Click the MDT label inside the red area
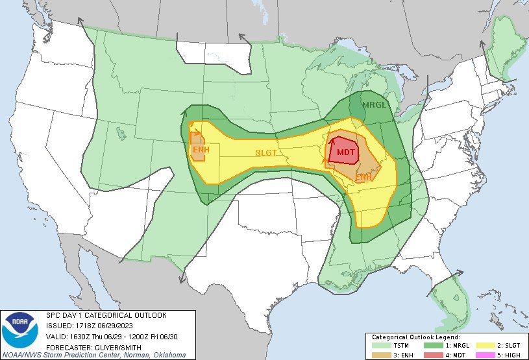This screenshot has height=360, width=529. (346, 152)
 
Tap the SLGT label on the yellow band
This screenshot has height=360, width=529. (265, 152)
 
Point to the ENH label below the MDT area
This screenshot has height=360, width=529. (363, 176)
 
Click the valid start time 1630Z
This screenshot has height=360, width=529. (80, 335)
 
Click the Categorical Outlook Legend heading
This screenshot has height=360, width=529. (415, 337)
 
